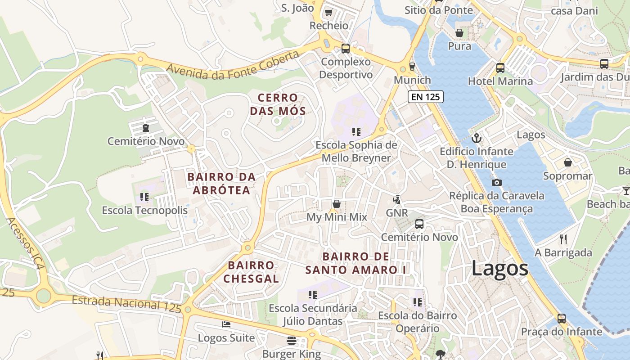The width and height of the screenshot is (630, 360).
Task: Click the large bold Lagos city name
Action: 500,269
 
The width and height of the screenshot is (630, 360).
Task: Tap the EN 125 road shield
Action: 426,97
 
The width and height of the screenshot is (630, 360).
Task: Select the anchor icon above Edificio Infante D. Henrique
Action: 476,138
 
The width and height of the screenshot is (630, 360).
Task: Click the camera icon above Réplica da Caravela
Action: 496,182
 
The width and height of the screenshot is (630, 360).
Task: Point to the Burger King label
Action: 292,354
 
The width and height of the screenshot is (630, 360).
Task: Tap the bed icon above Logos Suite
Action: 226,324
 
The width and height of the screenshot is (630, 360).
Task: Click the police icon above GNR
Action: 396,199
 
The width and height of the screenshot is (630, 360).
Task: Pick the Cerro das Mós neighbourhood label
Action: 278,104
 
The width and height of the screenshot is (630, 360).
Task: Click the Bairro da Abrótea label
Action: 221,184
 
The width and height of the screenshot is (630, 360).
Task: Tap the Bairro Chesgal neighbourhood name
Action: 251,272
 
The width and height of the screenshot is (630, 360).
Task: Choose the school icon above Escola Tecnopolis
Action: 144,197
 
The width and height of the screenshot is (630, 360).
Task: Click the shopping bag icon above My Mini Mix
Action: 336,204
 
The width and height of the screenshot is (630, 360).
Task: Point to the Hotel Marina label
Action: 500,81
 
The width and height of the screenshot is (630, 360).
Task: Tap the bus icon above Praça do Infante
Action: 562,318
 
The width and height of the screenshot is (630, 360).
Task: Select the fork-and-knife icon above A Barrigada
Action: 563,239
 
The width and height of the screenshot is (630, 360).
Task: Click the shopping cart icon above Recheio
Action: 328,12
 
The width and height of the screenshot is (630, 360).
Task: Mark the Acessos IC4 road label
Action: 26,243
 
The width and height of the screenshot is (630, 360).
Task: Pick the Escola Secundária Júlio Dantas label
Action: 313,315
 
